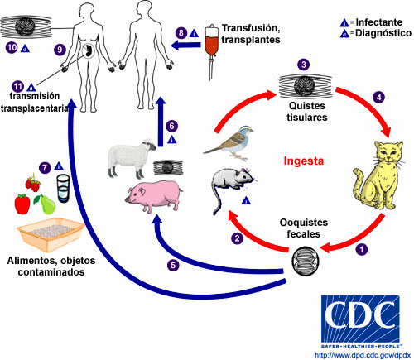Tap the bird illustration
point(230,142)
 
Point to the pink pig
point(154,195)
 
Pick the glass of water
point(63,189)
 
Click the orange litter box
point(51,234)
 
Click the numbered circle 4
point(378,97)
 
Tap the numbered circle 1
point(361,249)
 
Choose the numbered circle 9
point(60,50)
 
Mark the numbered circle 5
point(173,265)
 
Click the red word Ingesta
point(303,161)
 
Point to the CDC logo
point(360,321)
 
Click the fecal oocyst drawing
point(306,261)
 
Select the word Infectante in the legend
point(378,22)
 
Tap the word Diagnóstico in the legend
point(383,33)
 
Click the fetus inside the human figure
point(89,50)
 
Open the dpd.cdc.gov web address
point(363,355)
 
